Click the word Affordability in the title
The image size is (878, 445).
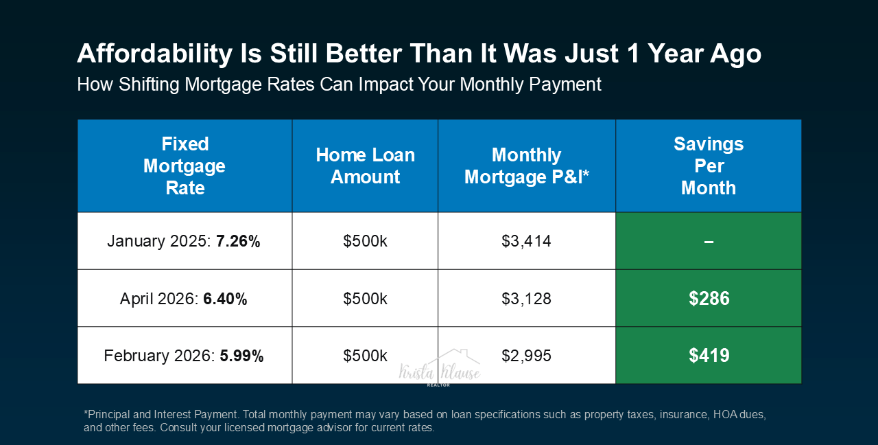click(x=155, y=54)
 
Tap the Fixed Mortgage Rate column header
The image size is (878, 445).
click(x=185, y=166)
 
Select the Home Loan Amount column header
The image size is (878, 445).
click(x=366, y=166)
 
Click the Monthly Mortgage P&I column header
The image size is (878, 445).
click(x=526, y=166)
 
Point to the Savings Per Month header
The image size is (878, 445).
click(x=709, y=166)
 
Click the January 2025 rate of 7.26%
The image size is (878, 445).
click(x=238, y=241)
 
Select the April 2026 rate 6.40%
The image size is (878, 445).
click(x=225, y=299)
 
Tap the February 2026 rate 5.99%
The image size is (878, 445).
click(x=241, y=356)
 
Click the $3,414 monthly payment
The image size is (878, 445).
click(x=526, y=241)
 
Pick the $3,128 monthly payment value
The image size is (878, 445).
click(x=526, y=299)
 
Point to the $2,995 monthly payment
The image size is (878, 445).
click(x=526, y=356)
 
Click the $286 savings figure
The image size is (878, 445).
click(x=709, y=299)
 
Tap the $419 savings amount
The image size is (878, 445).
click(x=709, y=356)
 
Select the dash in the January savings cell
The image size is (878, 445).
click(x=709, y=242)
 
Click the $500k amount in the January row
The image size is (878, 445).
click(x=366, y=241)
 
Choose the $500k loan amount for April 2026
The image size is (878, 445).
click(x=366, y=299)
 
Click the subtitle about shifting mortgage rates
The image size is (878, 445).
click(x=339, y=84)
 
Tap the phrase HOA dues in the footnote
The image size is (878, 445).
click(x=739, y=414)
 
